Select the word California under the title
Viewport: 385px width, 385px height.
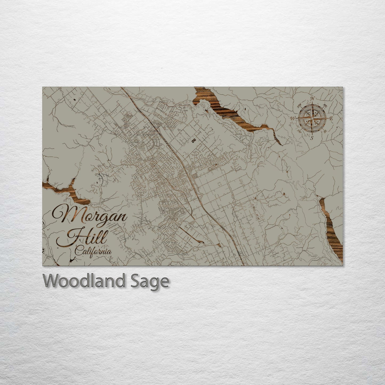click(x=93, y=252)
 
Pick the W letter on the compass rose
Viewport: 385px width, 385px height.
click(x=293, y=118)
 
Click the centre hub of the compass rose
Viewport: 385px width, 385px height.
click(x=312, y=118)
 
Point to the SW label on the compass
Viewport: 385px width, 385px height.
click(x=299, y=131)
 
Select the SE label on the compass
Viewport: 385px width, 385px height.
click(x=325, y=131)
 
